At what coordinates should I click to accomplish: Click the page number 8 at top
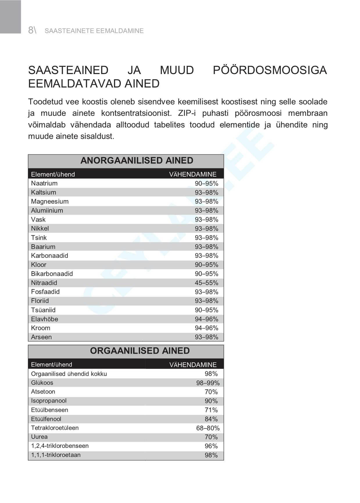(x=31, y=30)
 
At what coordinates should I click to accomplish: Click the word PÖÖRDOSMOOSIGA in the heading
(x=270, y=70)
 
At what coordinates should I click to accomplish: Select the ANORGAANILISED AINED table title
(x=137, y=161)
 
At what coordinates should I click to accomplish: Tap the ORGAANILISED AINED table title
(x=140, y=351)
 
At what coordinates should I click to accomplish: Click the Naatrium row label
(x=44, y=183)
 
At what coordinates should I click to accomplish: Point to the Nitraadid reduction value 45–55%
(x=206, y=283)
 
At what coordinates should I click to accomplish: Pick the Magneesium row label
(x=50, y=202)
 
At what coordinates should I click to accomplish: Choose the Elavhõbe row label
(x=44, y=319)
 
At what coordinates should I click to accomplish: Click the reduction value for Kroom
(x=206, y=328)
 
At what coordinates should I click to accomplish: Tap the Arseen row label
(x=41, y=337)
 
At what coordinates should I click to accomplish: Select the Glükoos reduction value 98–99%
(x=208, y=383)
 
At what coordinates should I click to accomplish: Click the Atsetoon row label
(x=43, y=392)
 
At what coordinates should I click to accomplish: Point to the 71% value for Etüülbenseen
(x=211, y=410)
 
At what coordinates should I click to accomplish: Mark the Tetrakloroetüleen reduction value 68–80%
(x=208, y=428)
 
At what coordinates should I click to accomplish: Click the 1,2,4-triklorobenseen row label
(x=60, y=446)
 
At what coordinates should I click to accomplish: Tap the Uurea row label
(x=39, y=437)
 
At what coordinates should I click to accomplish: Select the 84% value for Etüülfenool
(x=211, y=419)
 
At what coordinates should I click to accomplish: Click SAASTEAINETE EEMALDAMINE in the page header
(x=94, y=31)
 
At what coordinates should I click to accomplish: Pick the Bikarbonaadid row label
(x=52, y=274)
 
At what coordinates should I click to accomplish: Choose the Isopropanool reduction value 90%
(x=211, y=401)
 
